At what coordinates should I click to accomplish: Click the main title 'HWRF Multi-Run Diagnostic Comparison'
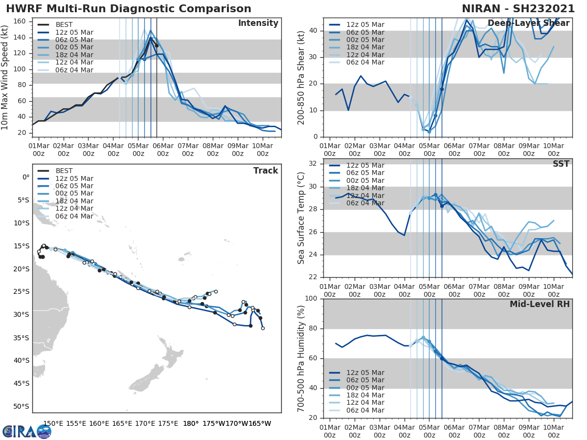click(129, 9)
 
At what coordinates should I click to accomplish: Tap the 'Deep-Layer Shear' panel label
click(528, 23)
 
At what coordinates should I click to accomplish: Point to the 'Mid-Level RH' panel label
click(540, 305)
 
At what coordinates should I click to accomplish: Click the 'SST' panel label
click(561, 164)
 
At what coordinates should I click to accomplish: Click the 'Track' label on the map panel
click(266, 171)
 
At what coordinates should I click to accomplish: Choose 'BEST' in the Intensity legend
click(64, 25)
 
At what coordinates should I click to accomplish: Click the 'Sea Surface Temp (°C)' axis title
click(301, 219)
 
